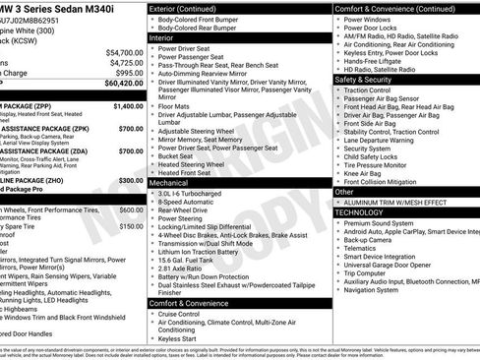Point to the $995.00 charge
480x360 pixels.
[128, 73]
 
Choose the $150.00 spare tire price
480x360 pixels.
[131, 226]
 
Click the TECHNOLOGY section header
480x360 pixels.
[360, 212]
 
